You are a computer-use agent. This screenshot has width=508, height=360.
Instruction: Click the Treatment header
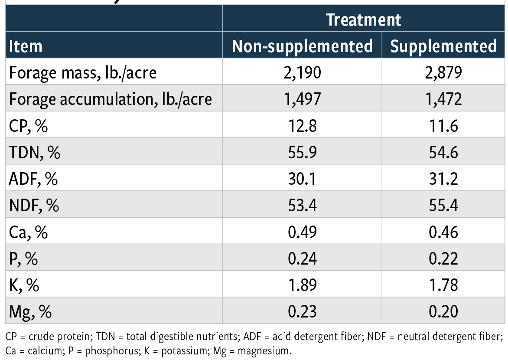[364, 20]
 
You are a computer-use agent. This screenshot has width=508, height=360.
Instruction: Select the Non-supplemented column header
[302, 46]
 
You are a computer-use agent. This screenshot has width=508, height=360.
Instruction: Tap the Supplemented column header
[443, 46]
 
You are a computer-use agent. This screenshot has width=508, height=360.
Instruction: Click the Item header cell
[26, 46]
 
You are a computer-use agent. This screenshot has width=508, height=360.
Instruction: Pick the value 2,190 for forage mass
[302, 72]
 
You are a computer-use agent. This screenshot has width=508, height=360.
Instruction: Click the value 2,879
[443, 72]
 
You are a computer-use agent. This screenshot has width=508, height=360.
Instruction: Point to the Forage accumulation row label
[111, 99]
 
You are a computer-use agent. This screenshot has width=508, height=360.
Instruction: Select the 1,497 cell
[302, 99]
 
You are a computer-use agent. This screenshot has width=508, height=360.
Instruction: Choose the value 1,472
[443, 99]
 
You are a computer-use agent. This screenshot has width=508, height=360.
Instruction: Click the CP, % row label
[28, 126]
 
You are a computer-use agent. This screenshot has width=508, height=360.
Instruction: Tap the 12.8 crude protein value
[302, 126]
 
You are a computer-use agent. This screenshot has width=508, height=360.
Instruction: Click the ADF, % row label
[33, 179]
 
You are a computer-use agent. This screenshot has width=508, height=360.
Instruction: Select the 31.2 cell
[443, 179]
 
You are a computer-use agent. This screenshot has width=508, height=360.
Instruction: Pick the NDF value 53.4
[302, 206]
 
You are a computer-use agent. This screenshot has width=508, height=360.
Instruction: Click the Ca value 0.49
[302, 232]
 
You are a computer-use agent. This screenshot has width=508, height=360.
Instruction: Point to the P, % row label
[23, 259]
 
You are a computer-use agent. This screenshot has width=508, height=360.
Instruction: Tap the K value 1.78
[443, 285]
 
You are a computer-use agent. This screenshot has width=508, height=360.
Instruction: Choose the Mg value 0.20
[443, 312]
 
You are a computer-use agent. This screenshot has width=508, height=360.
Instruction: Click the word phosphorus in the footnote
[109, 350]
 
